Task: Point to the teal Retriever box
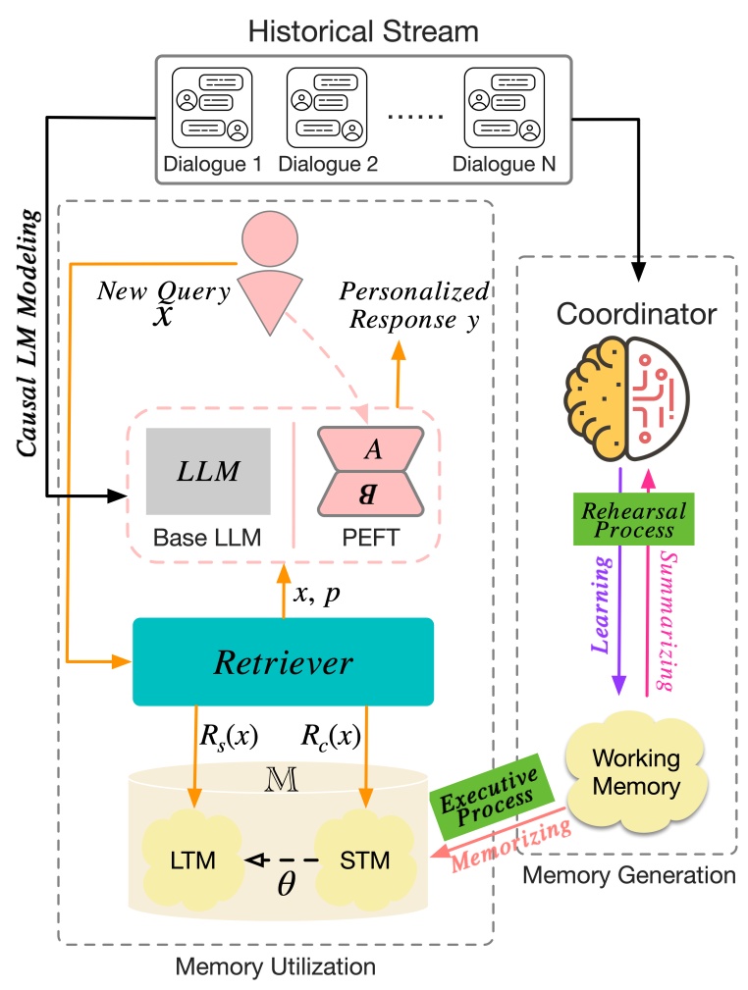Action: point(283,662)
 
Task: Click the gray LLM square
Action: point(208,471)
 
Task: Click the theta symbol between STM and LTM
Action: point(285,881)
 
